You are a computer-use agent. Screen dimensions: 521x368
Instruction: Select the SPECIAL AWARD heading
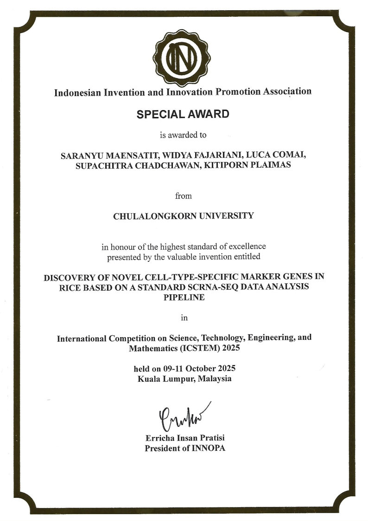(x=183, y=114)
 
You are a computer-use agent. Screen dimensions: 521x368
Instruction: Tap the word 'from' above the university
(x=184, y=195)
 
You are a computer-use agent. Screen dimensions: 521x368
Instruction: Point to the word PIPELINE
(x=184, y=298)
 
